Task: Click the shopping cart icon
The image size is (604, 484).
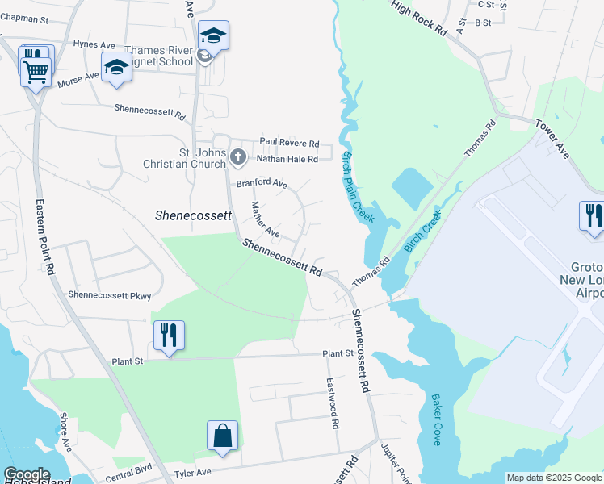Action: point(36,72)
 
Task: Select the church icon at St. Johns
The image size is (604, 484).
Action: point(237,156)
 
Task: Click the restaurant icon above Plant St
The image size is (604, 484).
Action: point(169,335)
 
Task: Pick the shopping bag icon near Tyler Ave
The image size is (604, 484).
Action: point(222,436)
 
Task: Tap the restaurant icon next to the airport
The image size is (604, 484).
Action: point(591,215)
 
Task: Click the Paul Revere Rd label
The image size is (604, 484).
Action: point(289,141)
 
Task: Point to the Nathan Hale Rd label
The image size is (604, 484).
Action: point(287,159)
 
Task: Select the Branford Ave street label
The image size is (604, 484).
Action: point(262,184)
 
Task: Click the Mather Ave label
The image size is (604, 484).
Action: point(265,219)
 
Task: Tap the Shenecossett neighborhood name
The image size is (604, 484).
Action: point(193,216)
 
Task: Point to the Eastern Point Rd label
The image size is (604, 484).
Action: point(44,240)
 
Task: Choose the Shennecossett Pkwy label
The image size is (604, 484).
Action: point(110,296)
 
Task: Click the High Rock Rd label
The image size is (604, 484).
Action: point(419,18)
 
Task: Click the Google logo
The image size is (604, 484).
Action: point(26,474)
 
